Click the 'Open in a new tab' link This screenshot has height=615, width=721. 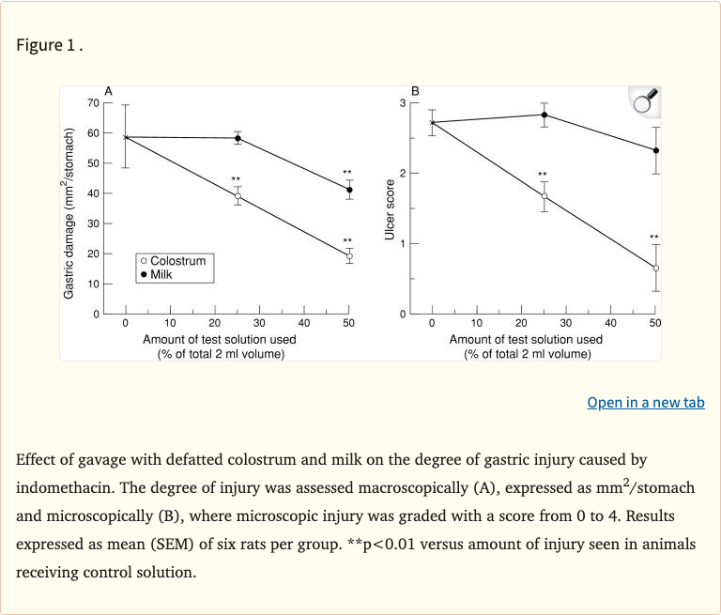(645, 402)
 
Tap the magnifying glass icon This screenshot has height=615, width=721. (644, 101)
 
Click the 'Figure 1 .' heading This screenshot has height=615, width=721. (50, 45)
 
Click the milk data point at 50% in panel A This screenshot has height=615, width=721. (349, 190)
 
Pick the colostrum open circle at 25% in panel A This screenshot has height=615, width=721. (238, 196)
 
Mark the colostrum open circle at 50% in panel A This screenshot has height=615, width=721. (349, 255)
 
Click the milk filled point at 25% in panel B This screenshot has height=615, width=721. (545, 115)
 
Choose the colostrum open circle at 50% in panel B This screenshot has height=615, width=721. (656, 268)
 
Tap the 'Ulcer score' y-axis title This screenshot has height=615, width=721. (390, 209)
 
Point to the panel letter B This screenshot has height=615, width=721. (416, 90)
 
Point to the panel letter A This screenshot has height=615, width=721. (109, 90)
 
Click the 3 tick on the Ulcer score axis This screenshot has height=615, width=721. (403, 102)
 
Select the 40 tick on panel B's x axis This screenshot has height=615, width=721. (611, 323)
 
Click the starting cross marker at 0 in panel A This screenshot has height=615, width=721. (126, 137)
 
